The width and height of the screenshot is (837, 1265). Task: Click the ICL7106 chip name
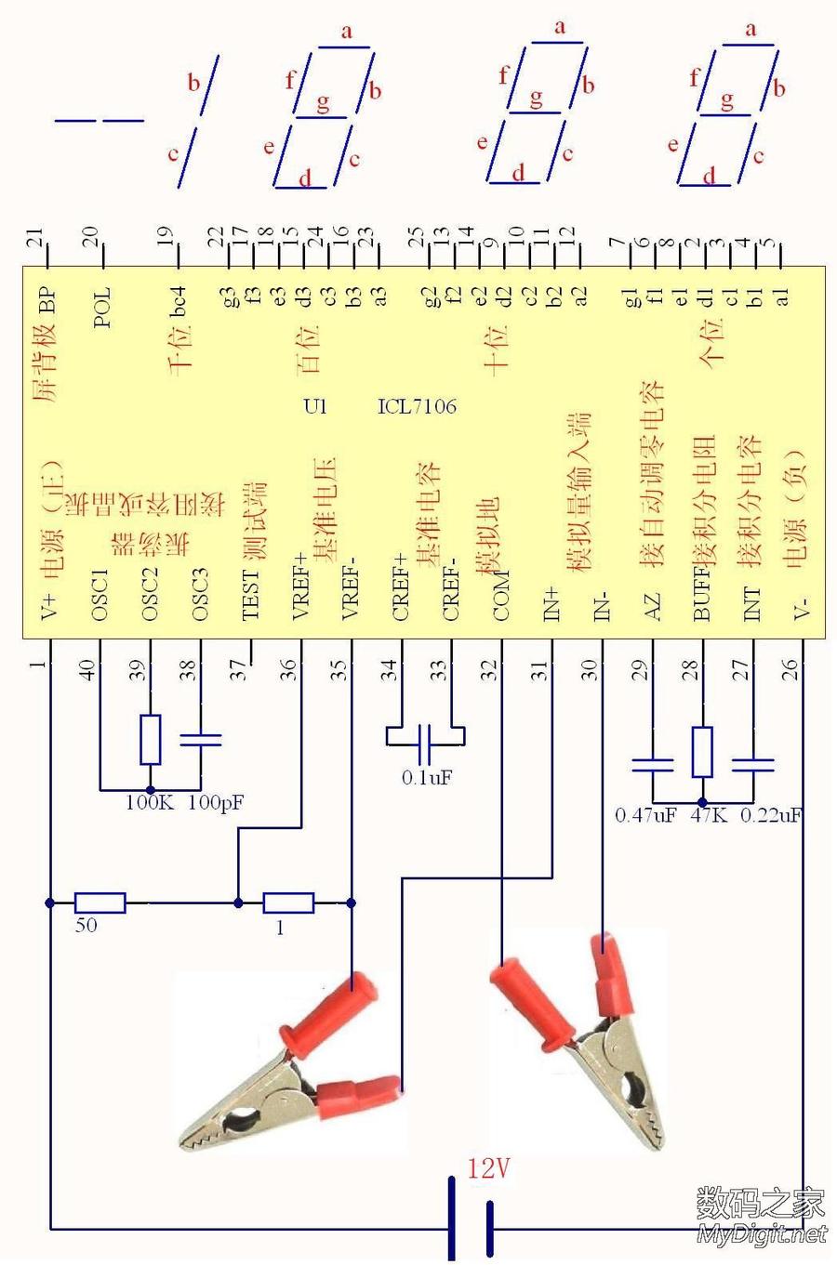pyautogui.click(x=417, y=406)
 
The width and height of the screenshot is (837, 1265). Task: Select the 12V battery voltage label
pyautogui.click(x=488, y=1168)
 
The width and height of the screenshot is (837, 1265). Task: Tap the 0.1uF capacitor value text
pyautogui.click(x=427, y=778)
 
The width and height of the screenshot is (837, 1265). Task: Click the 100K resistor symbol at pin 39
pyautogui.click(x=150, y=740)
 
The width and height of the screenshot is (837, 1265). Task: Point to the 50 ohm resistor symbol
pyautogui.click(x=100, y=902)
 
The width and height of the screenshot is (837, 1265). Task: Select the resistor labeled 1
pyautogui.click(x=288, y=903)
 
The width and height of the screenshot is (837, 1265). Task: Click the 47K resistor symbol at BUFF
pyautogui.click(x=702, y=752)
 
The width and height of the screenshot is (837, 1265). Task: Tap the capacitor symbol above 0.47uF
pyautogui.click(x=652, y=766)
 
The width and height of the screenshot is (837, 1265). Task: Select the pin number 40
pyautogui.click(x=88, y=669)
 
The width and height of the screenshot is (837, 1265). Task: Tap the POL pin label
pyautogui.click(x=102, y=308)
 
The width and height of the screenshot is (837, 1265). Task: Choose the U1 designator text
pyautogui.click(x=315, y=406)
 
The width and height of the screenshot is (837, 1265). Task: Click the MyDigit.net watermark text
pyautogui.click(x=761, y=1233)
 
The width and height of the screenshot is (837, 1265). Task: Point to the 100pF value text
pyautogui.click(x=216, y=802)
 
